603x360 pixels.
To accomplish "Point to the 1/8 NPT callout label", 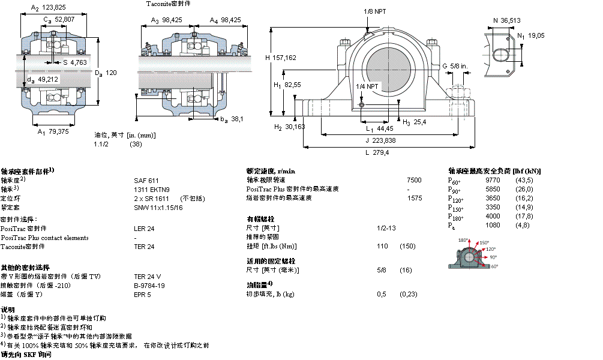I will click(376, 11).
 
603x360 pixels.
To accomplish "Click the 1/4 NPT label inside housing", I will click(367, 86).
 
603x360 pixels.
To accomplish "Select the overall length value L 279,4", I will click(377, 152).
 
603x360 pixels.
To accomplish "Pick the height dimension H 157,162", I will click(281, 58).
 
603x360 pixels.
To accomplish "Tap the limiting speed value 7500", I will click(414, 180).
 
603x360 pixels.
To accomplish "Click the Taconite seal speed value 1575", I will click(414, 198).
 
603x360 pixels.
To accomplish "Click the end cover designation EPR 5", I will click(142, 295).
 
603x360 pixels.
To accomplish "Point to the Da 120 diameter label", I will click(105, 73).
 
